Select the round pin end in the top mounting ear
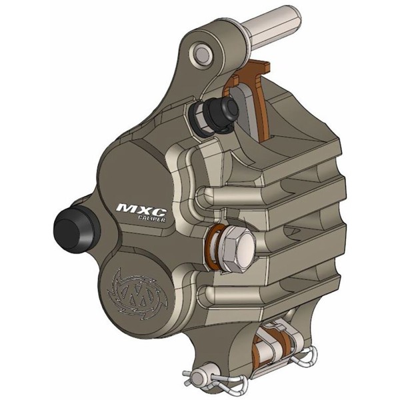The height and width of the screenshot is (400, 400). coord(202,51)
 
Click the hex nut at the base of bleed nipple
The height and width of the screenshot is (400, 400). coord(200,117)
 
